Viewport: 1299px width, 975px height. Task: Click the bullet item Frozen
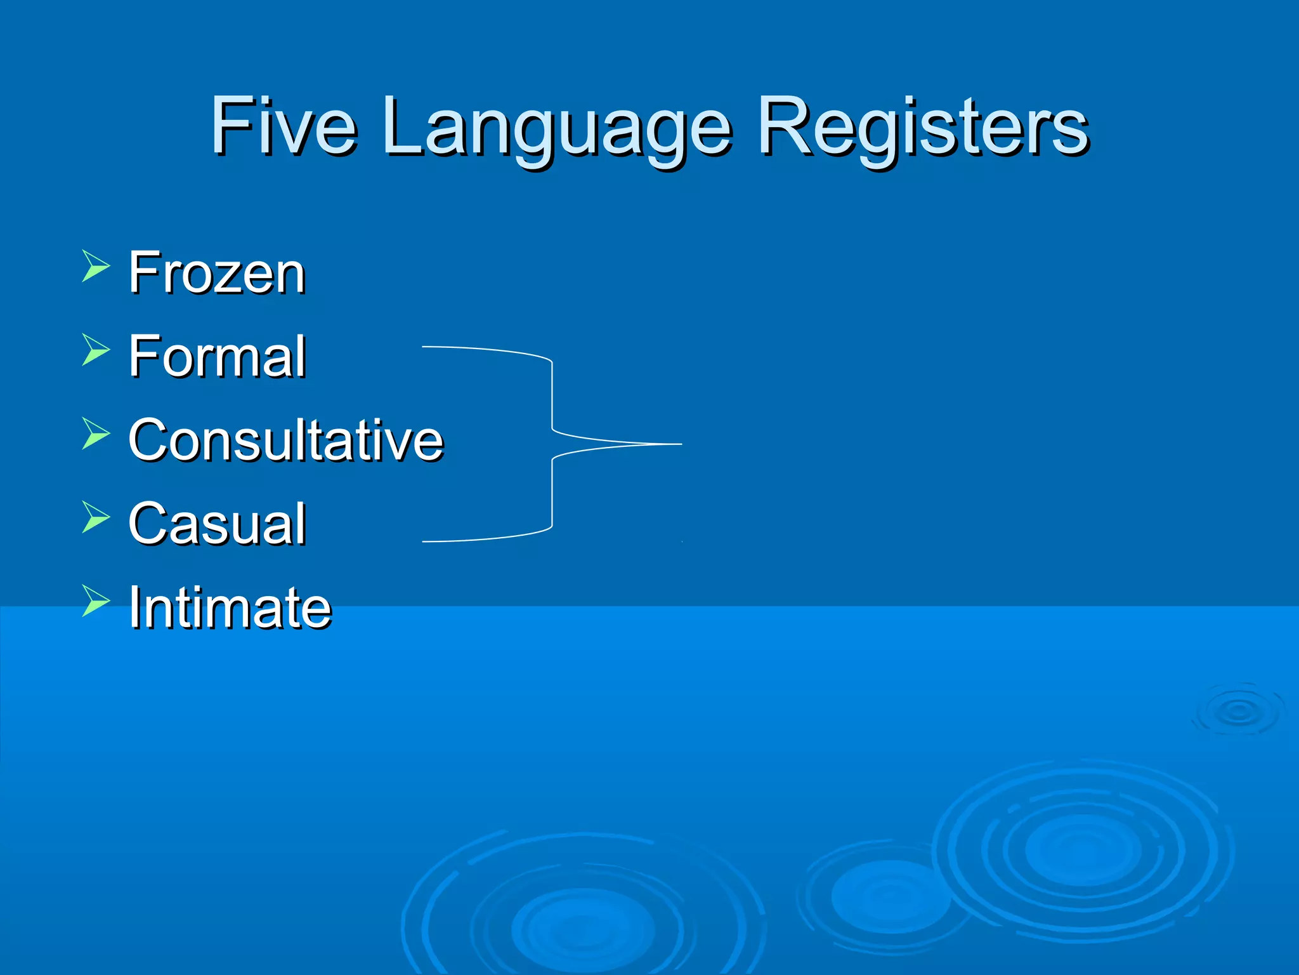pyautogui.click(x=217, y=273)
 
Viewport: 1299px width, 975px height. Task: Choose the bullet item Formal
pyautogui.click(x=217, y=356)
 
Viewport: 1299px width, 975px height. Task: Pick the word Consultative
pyautogui.click(x=285, y=440)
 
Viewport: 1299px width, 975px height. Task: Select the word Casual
pyautogui.click(x=217, y=524)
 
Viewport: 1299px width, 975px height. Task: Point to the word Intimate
pyautogui.click(x=230, y=607)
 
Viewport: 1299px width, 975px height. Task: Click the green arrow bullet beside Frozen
pyautogui.click(x=95, y=266)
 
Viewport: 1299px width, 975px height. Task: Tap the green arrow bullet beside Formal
pyautogui.click(x=95, y=350)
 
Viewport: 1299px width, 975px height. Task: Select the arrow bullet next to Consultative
pyautogui.click(x=95, y=434)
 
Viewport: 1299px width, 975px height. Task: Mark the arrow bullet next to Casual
pyautogui.click(x=95, y=517)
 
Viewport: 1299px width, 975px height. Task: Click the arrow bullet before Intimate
pyautogui.click(x=95, y=600)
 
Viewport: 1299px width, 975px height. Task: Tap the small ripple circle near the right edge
pyautogui.click(x=1238, y=711)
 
